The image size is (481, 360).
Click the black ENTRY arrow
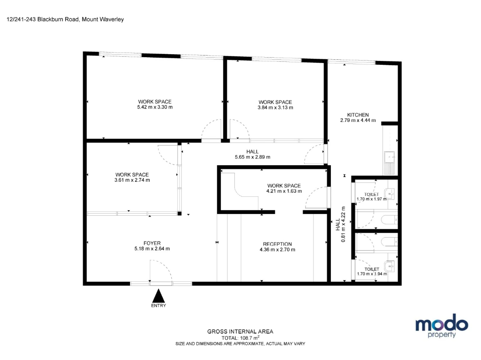[159, 296]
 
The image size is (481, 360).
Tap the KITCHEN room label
[358, 115]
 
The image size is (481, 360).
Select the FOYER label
[152, 243]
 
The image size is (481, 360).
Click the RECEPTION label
[277, 244]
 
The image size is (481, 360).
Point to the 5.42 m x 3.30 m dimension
[155, 107]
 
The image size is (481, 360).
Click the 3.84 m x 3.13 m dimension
[275, 108]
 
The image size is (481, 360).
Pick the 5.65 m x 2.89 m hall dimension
[252, 157]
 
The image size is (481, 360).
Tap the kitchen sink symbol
[390, 157]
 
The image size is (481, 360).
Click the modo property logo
[442, 326]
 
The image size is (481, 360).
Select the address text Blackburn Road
[58, 19]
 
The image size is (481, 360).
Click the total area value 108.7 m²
[250, 338]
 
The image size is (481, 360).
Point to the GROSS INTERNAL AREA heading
[240, 331]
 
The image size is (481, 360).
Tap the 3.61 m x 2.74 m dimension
[132, 180]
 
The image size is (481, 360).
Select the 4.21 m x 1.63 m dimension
[284, 191]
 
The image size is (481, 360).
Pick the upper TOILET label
[372, 194]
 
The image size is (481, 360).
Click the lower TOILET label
[372, 269]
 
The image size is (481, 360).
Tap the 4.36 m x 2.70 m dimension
[277, 250]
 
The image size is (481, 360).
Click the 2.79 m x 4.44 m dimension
[358, 120]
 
